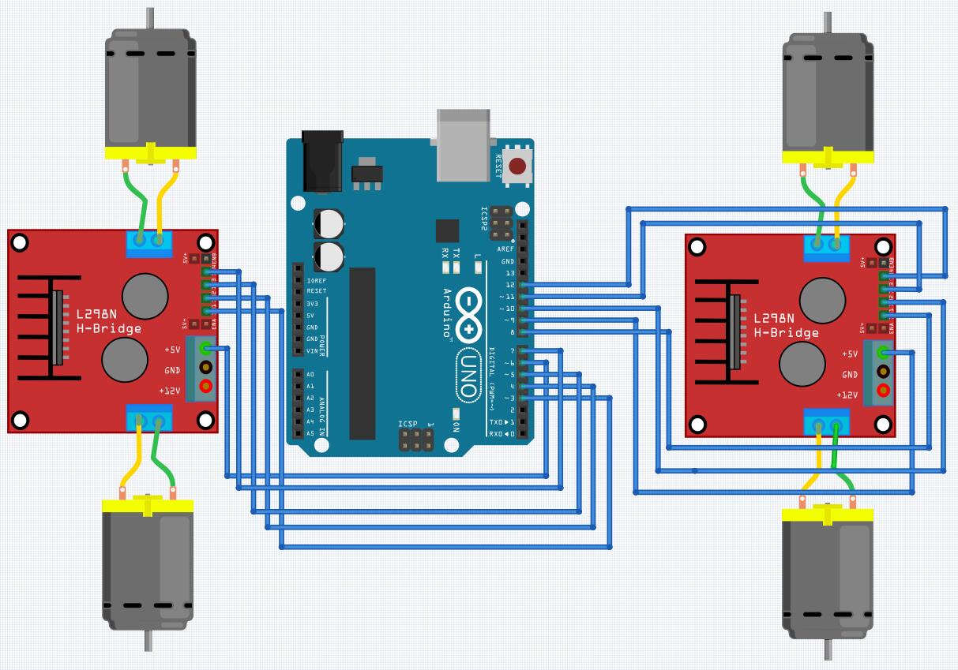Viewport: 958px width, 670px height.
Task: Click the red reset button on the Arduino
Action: point(518,167)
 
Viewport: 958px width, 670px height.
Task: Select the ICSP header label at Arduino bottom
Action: point(408,425)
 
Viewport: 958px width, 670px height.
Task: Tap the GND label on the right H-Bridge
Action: point(849,374)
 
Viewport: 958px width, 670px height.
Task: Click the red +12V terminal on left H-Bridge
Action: point(206,386)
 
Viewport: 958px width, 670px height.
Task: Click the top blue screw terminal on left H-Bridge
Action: point(149,242)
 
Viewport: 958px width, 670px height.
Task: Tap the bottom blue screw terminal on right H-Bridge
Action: point(827,423)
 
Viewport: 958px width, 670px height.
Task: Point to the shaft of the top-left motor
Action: point(148,17)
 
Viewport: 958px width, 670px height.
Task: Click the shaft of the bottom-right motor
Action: point(828,650)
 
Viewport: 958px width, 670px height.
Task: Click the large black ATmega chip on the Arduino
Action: point(363,331)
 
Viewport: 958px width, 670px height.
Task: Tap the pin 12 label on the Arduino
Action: point(509,285)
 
